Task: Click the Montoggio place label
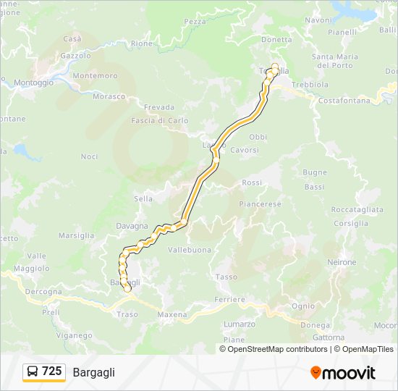(33, 83)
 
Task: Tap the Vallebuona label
(189, 250)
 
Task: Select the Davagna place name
(132, 226)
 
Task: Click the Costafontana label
(344, 101)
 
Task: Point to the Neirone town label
(342, 262)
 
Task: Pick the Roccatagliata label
(357, 209)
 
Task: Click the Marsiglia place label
(76, 235)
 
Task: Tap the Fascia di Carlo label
(160, 121)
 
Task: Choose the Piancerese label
(260, 204)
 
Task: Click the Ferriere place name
(230, 299)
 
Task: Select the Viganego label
(74, 335)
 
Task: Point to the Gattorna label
(328, 337)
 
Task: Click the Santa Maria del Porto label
(335, 61)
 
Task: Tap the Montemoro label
(95, 75)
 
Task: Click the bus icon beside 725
(33, 372)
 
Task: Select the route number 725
(52, 371)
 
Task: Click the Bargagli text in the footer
(93, 373)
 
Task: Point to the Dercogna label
(43, 292)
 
